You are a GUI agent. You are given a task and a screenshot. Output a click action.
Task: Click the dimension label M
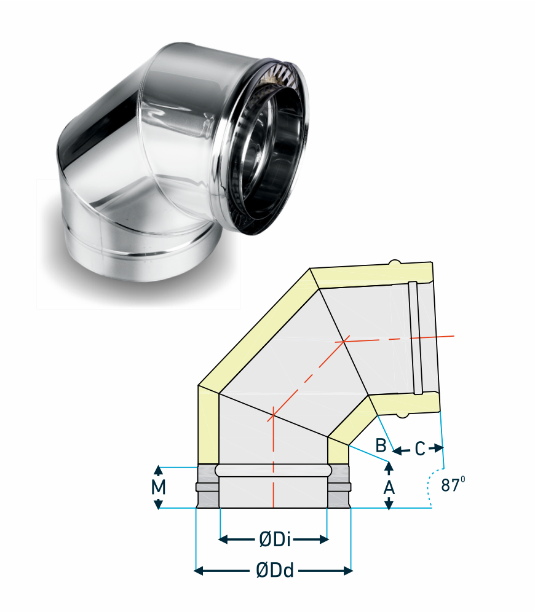158,487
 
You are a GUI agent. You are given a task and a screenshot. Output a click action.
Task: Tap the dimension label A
389,487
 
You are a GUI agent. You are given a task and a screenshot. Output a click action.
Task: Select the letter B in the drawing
381,445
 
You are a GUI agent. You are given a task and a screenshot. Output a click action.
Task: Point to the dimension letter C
420,449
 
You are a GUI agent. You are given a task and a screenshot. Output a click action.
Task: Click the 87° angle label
453,484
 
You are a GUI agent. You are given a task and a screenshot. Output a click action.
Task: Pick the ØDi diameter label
274,539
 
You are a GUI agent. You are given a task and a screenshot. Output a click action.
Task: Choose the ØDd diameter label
274,571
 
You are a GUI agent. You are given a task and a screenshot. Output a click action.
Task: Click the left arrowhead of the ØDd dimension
199,571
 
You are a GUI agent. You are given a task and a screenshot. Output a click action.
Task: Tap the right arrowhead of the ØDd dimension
348,571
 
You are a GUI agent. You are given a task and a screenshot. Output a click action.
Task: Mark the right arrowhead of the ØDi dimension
324,539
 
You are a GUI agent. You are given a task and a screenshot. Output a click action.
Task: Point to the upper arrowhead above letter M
158,470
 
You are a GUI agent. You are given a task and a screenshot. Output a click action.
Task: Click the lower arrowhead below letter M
158,504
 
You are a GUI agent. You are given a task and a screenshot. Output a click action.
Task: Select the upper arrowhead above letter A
389,466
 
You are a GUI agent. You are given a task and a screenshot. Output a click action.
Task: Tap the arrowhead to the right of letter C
440,449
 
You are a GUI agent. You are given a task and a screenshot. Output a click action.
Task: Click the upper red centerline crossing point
344,342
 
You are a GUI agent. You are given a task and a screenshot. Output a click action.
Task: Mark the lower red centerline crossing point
274,415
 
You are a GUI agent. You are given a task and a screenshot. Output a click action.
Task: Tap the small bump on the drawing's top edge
395,262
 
